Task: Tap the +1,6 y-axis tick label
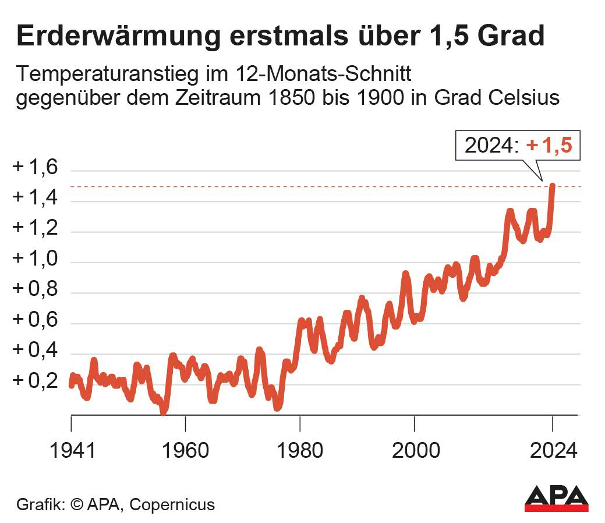click(36, 168)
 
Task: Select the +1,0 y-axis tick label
click(36, 259)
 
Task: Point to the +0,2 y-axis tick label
click(36, 380)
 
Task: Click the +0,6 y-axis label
click(36, 320)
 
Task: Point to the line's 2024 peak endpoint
click(552, 186)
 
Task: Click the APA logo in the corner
click(556, 499)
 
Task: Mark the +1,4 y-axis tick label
click(36, 199)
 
